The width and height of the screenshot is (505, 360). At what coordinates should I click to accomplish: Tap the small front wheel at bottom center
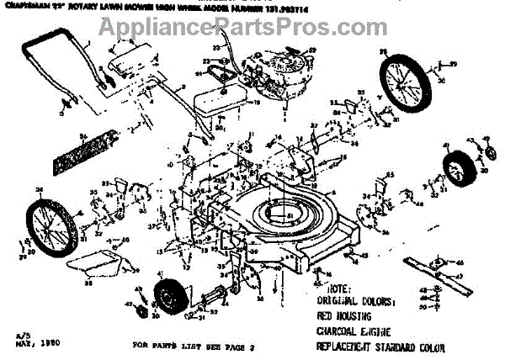coord(172,301)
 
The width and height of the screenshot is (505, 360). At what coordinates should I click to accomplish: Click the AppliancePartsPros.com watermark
coord(252,27)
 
